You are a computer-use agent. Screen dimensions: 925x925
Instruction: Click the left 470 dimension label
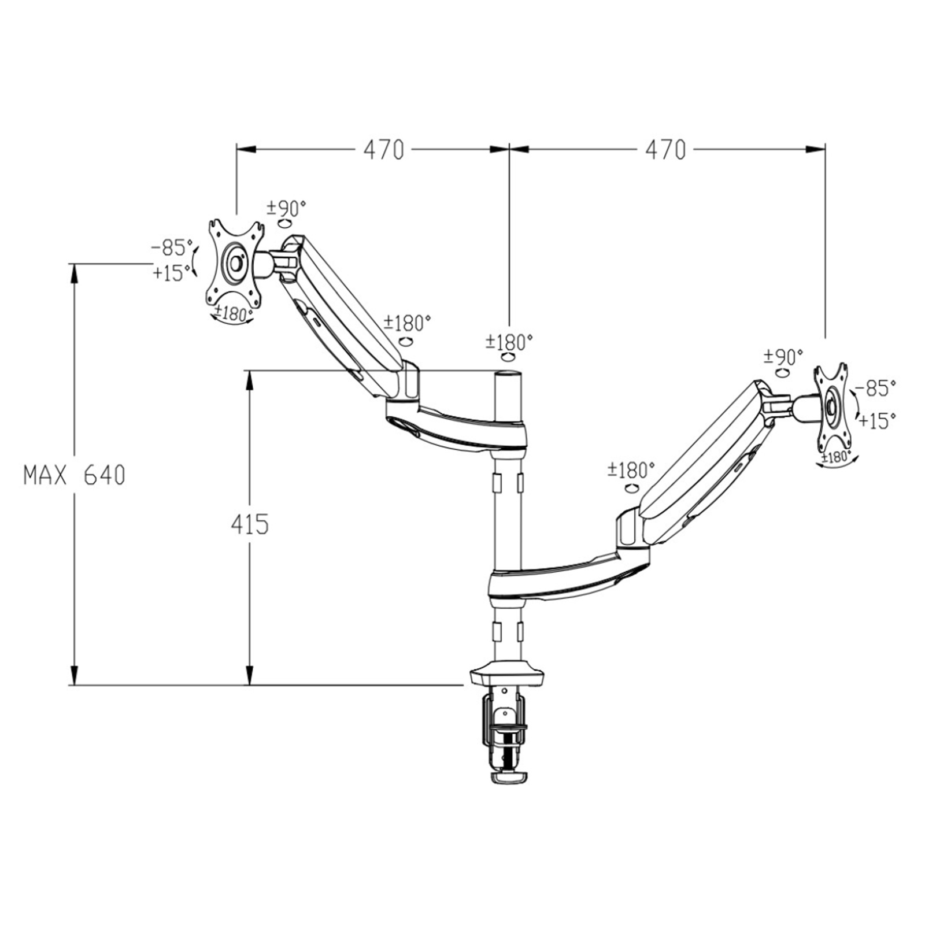click(384, 150)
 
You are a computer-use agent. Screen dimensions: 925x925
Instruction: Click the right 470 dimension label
click(665, 150)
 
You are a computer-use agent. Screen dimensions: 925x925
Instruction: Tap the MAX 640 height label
click(74, 476)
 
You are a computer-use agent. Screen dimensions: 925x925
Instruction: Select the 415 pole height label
click(250, 525)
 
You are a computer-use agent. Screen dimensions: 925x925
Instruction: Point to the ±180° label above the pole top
click(509, 342)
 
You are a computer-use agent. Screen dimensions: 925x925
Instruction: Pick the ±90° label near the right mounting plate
click(783, 356)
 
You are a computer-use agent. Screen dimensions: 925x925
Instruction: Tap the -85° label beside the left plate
click(171, 247)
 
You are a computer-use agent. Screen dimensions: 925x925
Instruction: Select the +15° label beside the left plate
click(172, 272)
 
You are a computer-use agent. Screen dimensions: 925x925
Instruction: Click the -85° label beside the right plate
click(875, 388)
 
